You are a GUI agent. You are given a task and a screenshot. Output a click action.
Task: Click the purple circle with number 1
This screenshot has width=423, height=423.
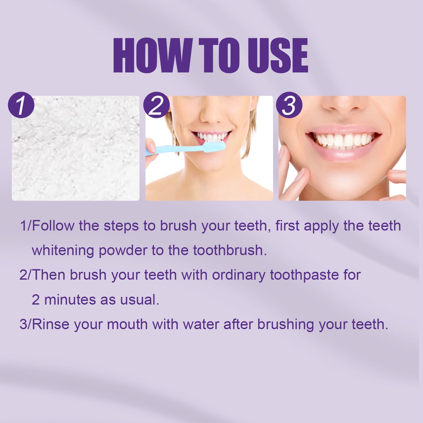click(21, 105)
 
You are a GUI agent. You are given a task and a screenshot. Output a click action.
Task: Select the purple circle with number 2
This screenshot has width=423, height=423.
click(156, 105)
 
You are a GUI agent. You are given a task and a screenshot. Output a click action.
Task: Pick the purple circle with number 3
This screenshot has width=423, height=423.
click(289, 105)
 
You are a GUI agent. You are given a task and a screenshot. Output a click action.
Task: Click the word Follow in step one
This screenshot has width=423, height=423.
click(53, 226)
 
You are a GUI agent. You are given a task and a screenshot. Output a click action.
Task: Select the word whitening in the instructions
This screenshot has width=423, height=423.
click(63, 250)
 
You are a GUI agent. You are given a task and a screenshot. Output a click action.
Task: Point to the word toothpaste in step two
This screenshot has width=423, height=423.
click(304, 275)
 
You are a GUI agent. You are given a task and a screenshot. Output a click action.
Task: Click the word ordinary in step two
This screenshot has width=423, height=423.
click(238, 275)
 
